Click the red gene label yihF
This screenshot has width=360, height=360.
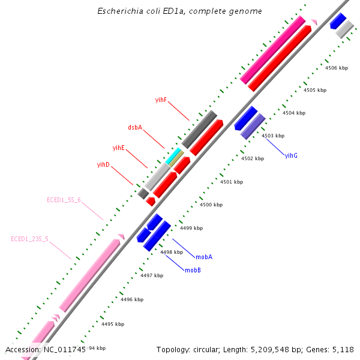pos(161,100)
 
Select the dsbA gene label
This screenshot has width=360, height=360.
pos(135,127)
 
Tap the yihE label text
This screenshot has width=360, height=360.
pos(119,148)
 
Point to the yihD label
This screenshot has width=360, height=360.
pos(103,164)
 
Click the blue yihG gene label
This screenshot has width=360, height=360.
pos(291,155)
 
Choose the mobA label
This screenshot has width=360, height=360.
pos(204,257)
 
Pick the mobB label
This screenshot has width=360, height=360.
pos(193,271)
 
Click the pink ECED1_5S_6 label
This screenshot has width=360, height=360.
pos(64,200)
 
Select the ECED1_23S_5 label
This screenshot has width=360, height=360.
pos(29,239)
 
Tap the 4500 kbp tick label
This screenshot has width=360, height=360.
pos(211,205)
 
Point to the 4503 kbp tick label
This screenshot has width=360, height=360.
pos(273,136)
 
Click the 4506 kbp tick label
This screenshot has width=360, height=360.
pos(337,68)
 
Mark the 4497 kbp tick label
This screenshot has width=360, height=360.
pos(152,275)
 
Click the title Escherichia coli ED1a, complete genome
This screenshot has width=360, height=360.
pos(179,11)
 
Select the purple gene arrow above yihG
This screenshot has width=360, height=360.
pos(253,127)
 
